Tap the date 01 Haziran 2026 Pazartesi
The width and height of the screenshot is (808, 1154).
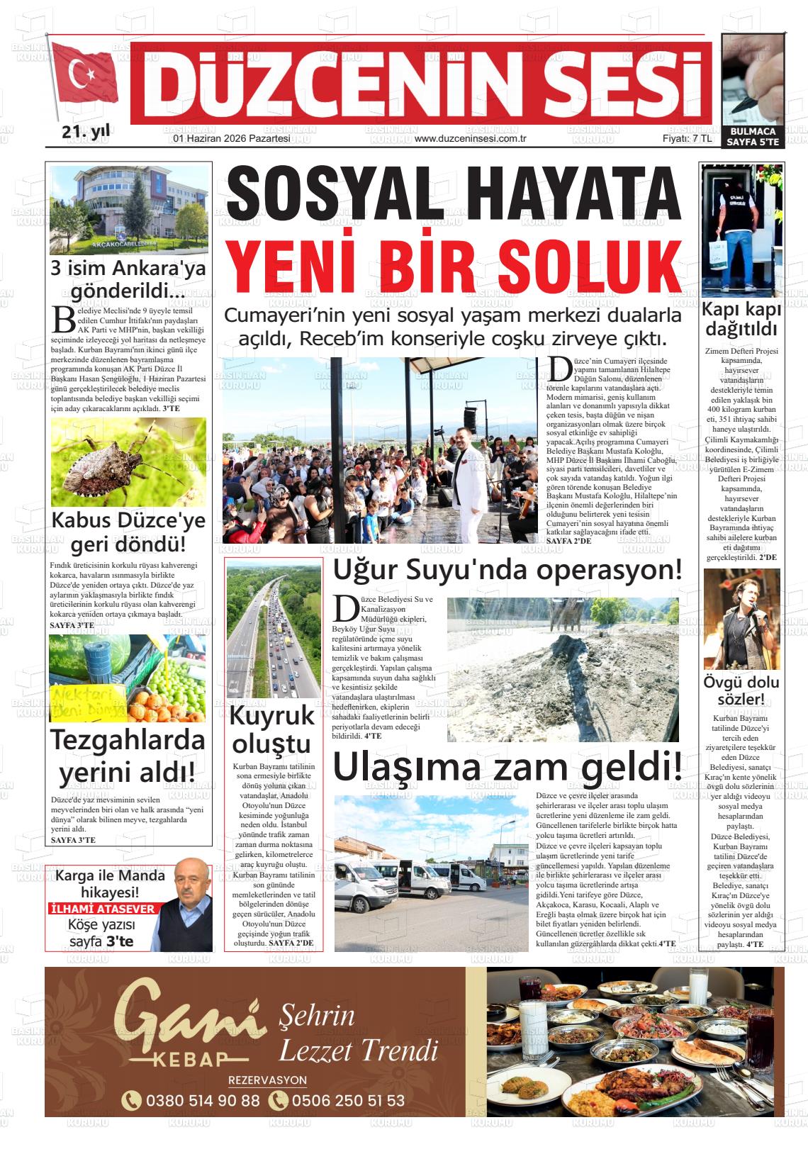click(x=232, y=139)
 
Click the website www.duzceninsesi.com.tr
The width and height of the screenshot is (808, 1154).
click(x=468, y=139)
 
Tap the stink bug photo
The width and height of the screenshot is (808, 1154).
click(x=128, y=462)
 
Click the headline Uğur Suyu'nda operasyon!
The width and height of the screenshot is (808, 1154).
click(x=507, y=569)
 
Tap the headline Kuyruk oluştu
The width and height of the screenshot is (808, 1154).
click(x=273, y=729)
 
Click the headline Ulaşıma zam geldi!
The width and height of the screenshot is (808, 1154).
click(x=507, y=768)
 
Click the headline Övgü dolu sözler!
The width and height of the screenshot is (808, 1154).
click(x=741, y=691)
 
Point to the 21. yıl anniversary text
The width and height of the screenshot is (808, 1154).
click(x=83, y=132)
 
